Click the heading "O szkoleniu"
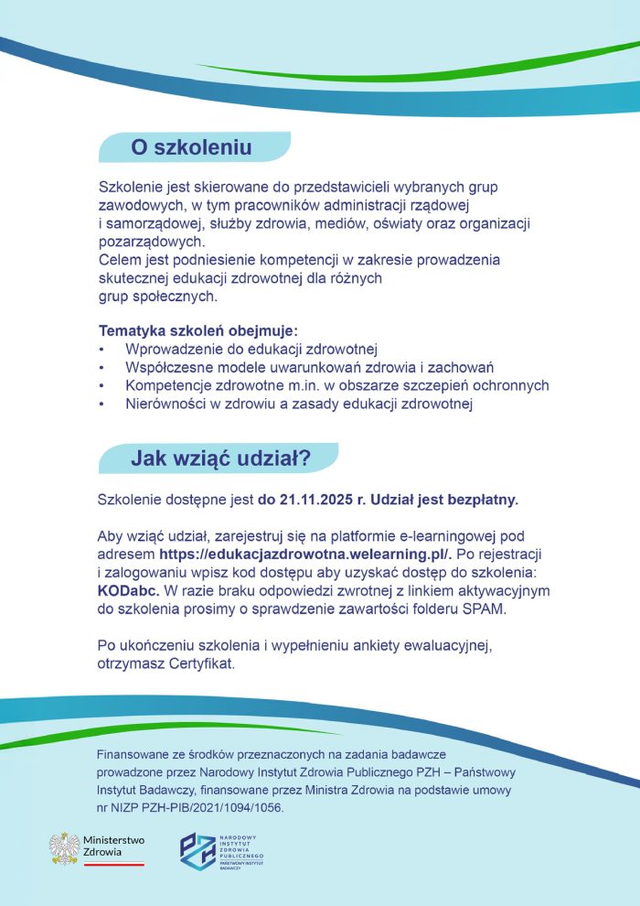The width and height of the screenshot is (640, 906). [x=191, y=146]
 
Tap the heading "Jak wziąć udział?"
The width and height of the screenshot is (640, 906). [x=220, y=458]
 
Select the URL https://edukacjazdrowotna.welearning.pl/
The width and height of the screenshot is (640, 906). [x=304, y=555]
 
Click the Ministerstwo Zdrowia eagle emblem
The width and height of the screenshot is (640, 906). [x=64, y=848]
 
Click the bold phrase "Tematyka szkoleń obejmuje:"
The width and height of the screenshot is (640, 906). [x=198, y=330]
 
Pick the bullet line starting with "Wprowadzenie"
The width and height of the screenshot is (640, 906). [x=251, y=349]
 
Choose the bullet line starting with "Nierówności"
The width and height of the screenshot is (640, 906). [x=298, y=404]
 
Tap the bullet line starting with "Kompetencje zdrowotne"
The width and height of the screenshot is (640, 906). [x=336, y=385]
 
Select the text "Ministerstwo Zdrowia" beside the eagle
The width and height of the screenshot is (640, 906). [x=112, y=847]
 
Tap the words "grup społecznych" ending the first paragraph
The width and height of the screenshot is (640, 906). [x=157, y=297]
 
